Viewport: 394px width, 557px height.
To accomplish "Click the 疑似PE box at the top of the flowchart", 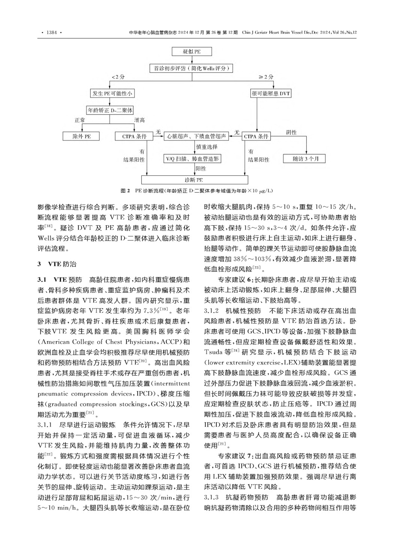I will [x=192, y=51].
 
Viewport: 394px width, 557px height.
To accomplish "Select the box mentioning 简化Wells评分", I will [x=192, y=68].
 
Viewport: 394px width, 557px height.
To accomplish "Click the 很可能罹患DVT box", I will [x=271, y=93].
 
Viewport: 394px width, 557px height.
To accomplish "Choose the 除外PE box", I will [x=81, y=136].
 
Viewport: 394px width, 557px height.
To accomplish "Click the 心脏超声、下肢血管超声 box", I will [x=197, y=136].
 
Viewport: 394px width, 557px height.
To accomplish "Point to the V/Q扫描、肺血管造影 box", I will [x=192, y=159].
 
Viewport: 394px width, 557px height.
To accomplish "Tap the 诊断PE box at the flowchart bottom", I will [x=194, y=180].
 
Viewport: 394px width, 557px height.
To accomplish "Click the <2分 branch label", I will [x=119, y=77].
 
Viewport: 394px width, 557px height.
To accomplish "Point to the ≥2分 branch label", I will [x=266, y=77].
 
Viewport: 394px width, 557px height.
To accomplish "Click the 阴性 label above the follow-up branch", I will [x=291, y=132].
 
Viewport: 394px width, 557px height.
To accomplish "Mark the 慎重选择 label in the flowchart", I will [x=207, y=147].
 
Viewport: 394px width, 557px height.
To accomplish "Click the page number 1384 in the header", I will [x=51, y=33].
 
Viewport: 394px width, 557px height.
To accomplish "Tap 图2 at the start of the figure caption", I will [x=125, y=191].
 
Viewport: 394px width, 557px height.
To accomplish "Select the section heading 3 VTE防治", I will [x=57, y=264].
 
